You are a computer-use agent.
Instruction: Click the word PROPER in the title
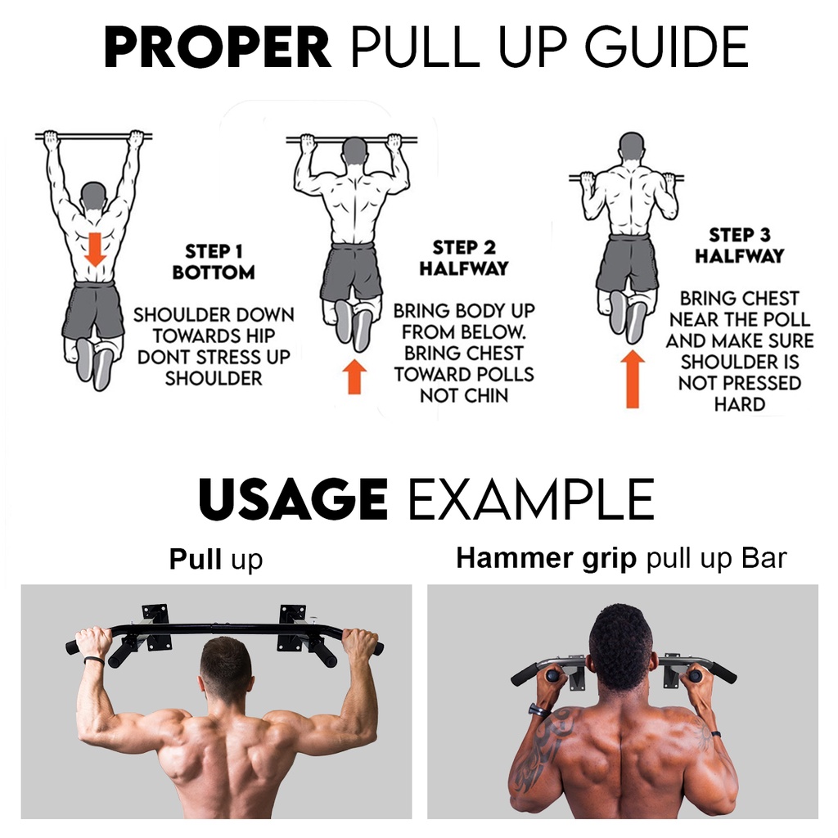[217, 48]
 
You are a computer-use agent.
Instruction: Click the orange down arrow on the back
[96, 249]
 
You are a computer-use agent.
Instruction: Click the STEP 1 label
[213, 251]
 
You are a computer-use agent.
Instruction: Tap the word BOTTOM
[213, 272]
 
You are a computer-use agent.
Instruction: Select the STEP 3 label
[739, 236]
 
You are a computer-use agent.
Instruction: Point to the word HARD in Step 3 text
[739, 404]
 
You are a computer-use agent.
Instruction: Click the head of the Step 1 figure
[94, 196]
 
